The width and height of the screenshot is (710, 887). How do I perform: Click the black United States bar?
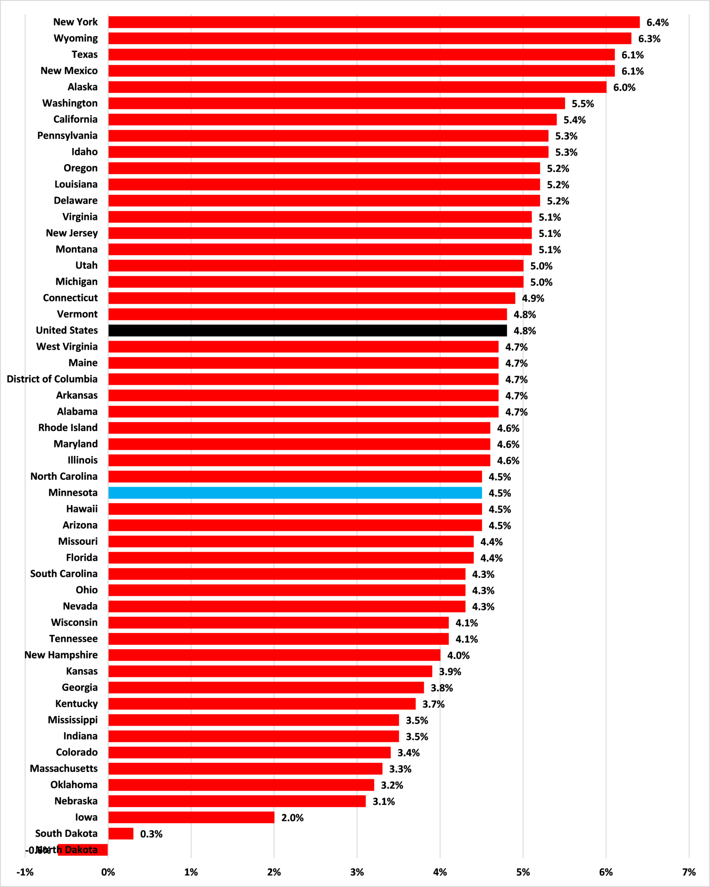click(308, 330)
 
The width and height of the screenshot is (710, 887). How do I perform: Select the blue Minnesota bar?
click(295, 493)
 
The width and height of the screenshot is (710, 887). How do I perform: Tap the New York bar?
click(374, 22)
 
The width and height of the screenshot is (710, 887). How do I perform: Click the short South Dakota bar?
click(121, 834)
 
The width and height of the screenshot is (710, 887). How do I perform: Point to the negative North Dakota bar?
click(83, 850)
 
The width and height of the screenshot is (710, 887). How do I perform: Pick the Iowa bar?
click(191, 817)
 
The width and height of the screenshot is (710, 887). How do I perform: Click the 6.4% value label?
click(658, 23)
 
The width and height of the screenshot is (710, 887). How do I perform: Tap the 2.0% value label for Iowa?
click(292, 818)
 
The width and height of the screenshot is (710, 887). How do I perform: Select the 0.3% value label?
click(151, 834)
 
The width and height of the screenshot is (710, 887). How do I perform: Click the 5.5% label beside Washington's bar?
click(583, 104)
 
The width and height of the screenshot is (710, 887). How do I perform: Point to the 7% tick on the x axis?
click(689, 872)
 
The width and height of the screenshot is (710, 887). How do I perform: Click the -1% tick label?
click(25, 872)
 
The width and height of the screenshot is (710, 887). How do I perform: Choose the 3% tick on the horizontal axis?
click(357, 872)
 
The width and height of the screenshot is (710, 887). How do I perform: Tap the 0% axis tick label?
click(108, 872)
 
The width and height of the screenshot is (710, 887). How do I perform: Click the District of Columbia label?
click(52, 379)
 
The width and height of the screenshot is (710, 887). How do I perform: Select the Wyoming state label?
click(76, 38)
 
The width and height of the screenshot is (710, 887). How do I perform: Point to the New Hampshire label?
click(61, 655)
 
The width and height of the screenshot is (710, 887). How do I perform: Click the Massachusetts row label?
click(64, 768)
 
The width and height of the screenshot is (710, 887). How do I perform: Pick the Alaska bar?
click(357, 87)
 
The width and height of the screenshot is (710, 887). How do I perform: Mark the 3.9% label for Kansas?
click(450, 672)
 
